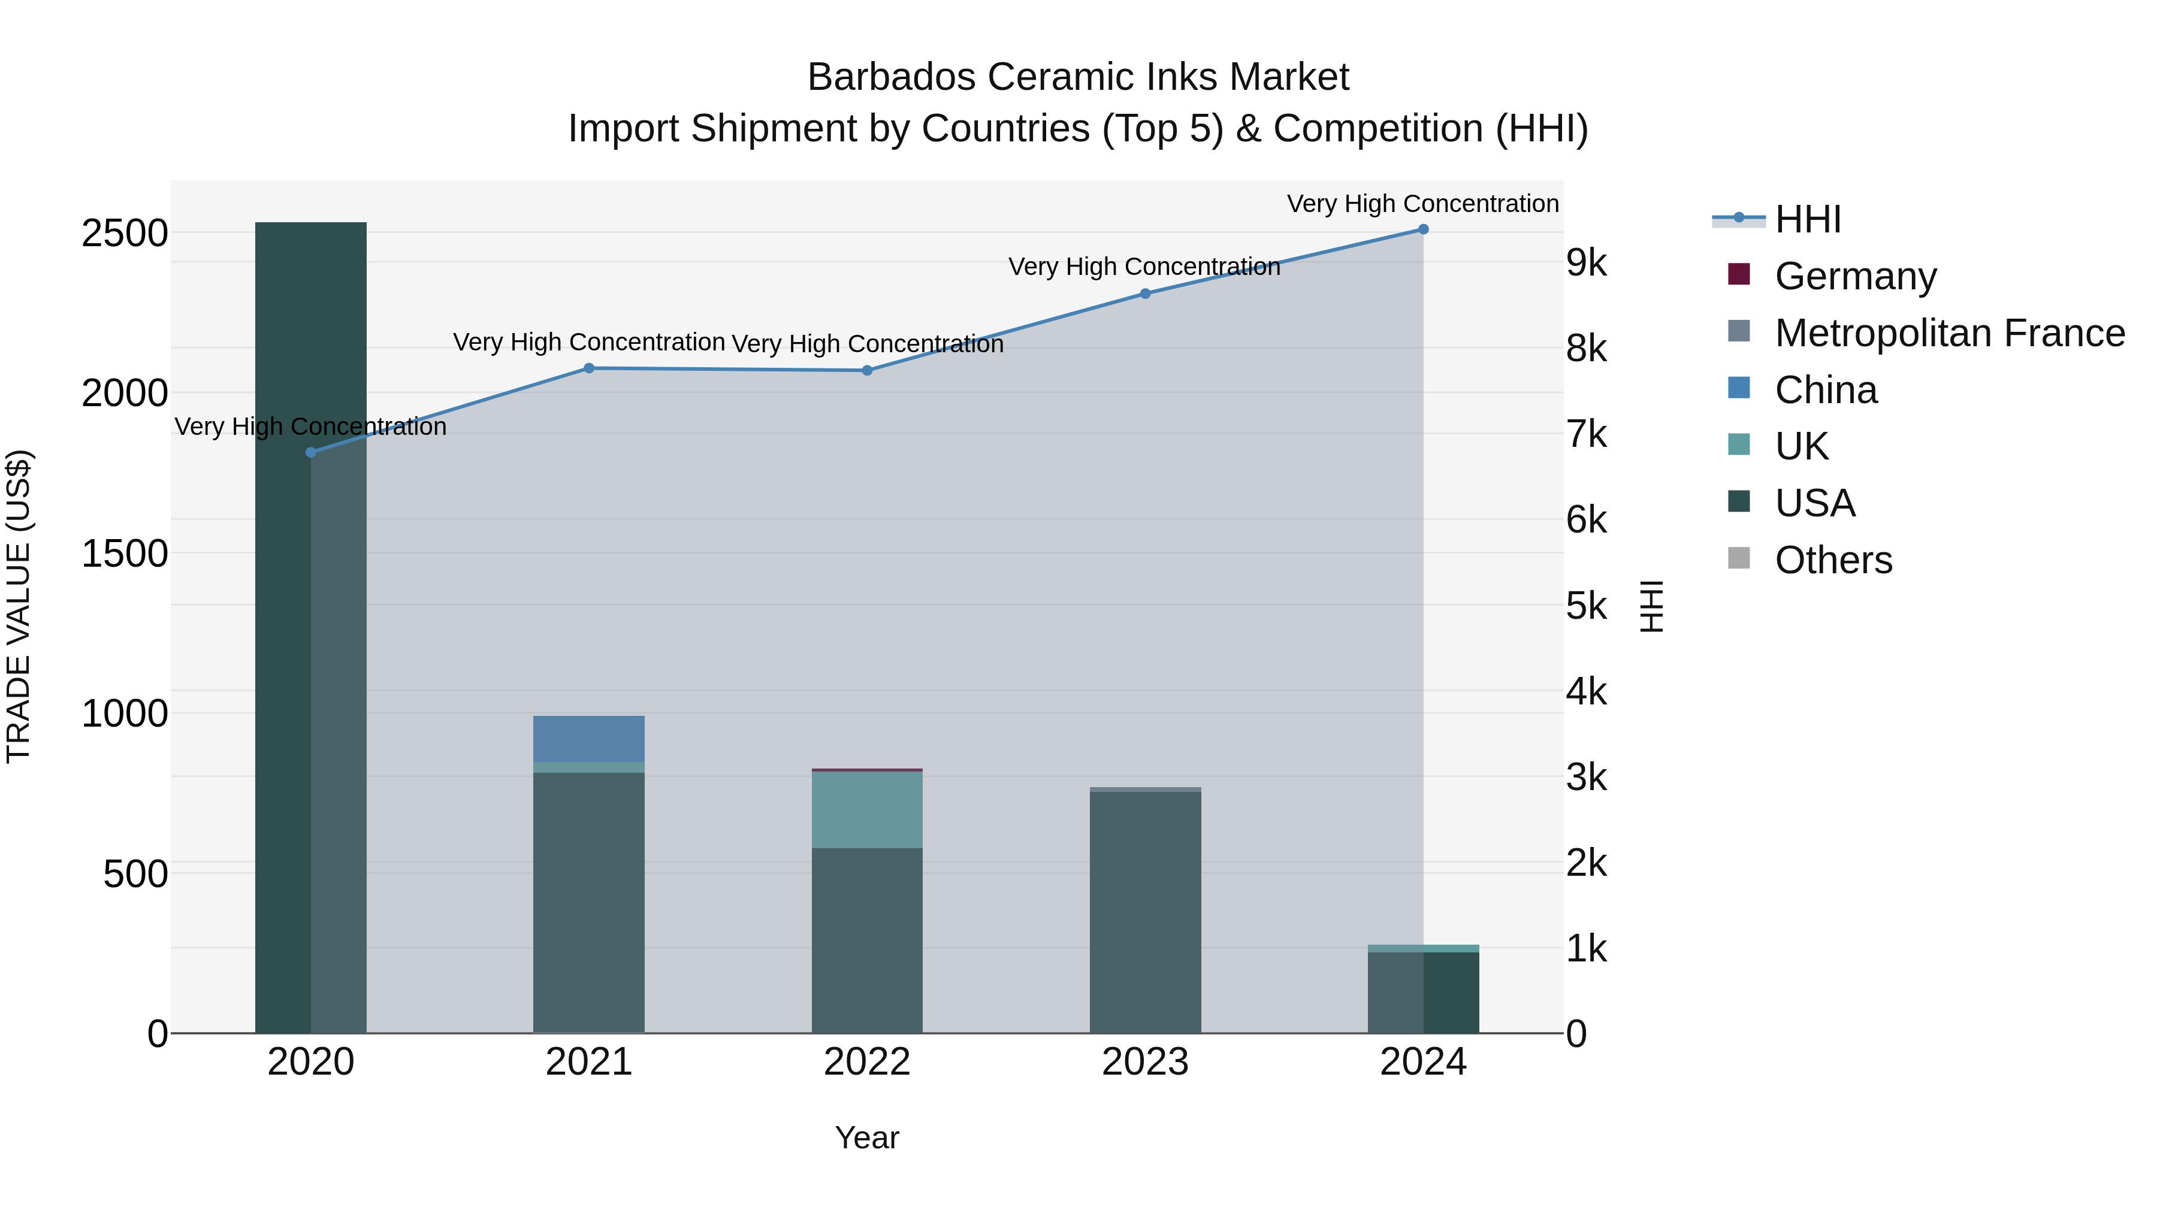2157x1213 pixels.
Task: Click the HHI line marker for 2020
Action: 310,452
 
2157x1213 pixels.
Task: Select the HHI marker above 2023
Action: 1144,294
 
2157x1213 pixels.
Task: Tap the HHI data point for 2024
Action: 1422,229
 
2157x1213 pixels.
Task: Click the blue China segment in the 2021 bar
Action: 588,739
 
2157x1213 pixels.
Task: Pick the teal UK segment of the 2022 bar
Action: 866,809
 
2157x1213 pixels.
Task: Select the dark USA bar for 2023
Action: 1144,912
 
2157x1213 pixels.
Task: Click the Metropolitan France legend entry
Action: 1949,333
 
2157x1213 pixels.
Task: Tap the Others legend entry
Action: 1833,560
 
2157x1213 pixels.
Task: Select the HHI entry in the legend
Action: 1807,219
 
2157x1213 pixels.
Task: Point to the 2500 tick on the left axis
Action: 124,233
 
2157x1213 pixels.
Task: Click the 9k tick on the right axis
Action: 1586,263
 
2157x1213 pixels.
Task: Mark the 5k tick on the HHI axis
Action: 1586,606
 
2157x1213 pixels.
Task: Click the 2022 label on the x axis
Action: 866,1062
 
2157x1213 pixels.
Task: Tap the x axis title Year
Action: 866,1138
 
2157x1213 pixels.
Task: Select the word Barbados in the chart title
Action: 891,77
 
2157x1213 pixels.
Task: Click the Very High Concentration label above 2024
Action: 1422,204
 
